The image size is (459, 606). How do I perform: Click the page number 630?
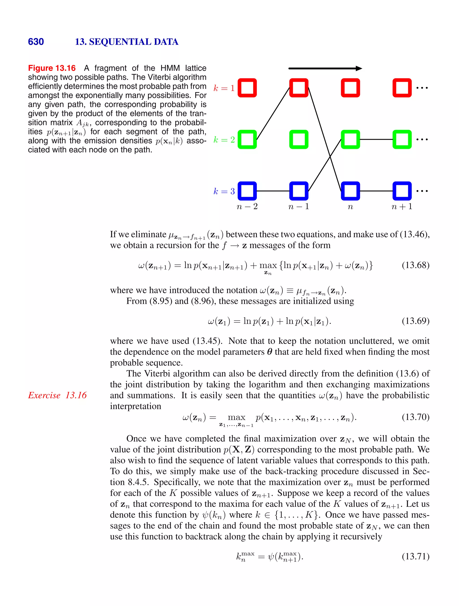[x=36, y=42]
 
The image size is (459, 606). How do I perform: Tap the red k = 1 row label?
[x=224, y=88]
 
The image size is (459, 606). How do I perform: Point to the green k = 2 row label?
[x=224, y=140]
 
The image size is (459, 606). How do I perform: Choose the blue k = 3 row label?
[x=224, y=191]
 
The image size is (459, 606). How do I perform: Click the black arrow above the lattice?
[x=325, y=69]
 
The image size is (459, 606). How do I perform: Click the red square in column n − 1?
[x=299, y=88]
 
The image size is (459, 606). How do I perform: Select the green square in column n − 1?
[x=299, y=140]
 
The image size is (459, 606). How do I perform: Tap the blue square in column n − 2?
[x=247, y=191]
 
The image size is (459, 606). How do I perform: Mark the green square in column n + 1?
[x=402, y=140]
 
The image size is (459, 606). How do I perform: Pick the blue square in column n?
[x=350, y=191]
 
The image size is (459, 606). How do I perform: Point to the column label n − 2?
[x=247, y=206]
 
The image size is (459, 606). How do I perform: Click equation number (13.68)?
[x=415, y=265]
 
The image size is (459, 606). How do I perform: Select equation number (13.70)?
[x=415, y=417]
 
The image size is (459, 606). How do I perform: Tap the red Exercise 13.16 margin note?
[x=57, y=395]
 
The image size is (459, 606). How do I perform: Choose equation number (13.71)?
[x=415, y=557]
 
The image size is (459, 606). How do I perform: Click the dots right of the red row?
[x=422, y=88]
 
